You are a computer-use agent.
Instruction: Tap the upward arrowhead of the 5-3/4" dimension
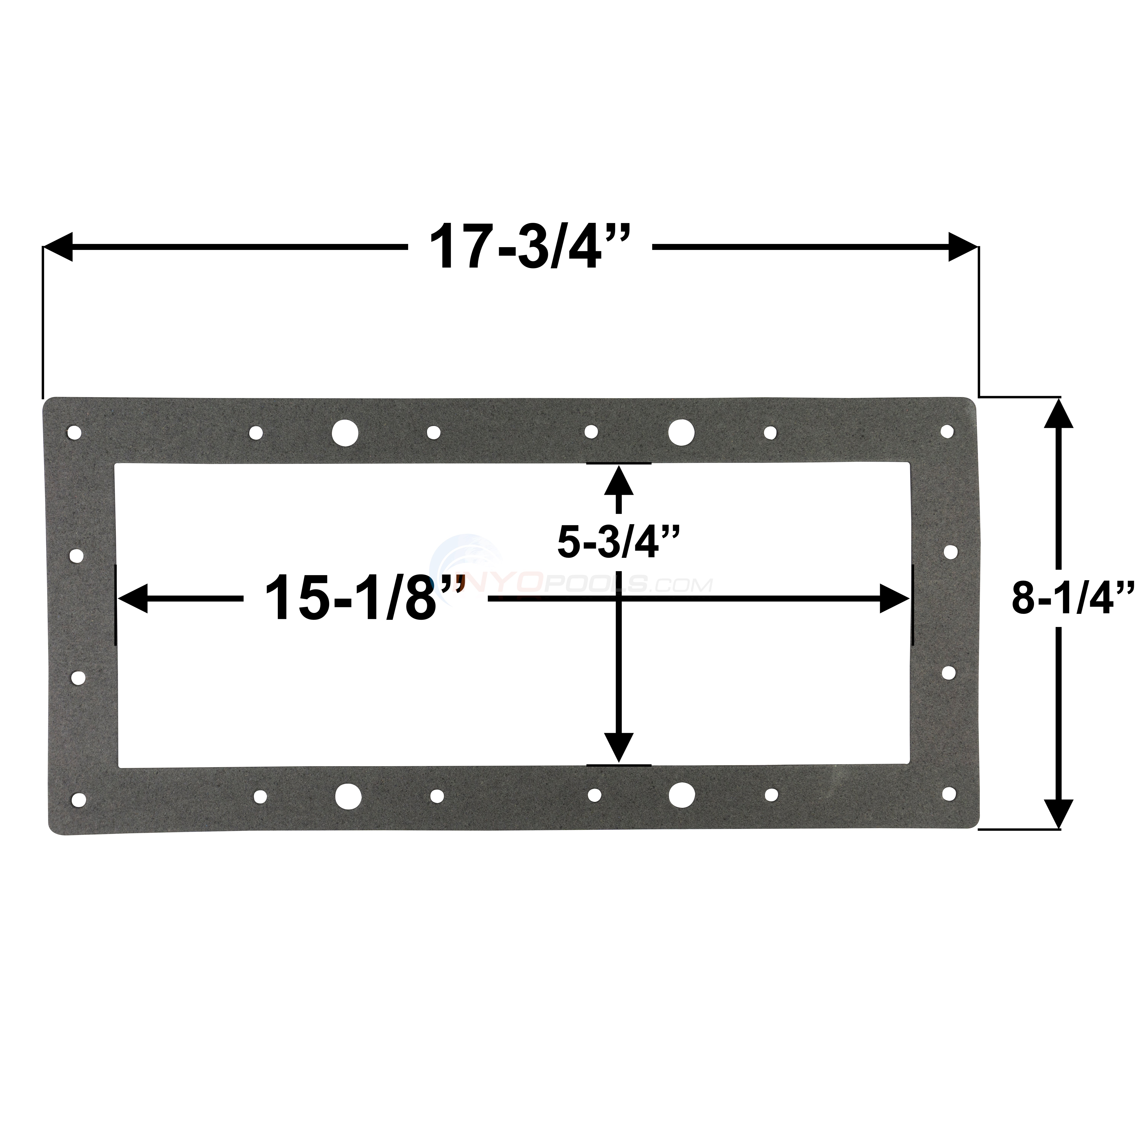point(619,480)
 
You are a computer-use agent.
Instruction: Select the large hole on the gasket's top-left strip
point(345,432)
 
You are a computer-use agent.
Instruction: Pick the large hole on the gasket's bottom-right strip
point(682,795)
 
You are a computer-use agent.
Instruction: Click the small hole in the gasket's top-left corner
point(74,432)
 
